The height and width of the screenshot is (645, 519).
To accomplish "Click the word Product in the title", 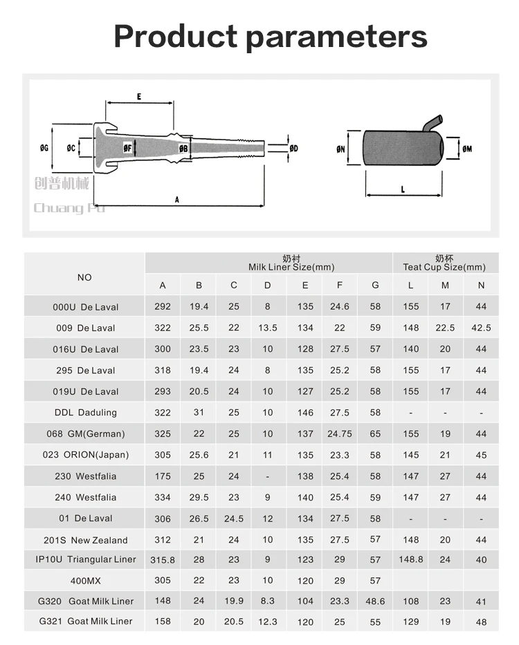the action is [176, 36].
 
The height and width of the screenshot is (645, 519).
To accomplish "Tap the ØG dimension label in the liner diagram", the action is [44, 148].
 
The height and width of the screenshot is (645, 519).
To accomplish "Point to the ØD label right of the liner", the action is [293, 149].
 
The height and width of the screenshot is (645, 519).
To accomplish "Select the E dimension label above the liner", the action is [139, 97].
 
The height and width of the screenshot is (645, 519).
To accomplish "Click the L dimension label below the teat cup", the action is [403, 189].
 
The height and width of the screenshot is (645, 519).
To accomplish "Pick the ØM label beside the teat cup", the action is [467, 149].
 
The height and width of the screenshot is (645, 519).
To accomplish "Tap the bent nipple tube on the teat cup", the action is [433, 123].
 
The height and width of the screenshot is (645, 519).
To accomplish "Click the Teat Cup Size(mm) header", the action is [444, 267].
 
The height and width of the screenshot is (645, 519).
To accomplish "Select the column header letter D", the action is [268, 286].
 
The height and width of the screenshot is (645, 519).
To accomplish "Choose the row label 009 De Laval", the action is [86, 328].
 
